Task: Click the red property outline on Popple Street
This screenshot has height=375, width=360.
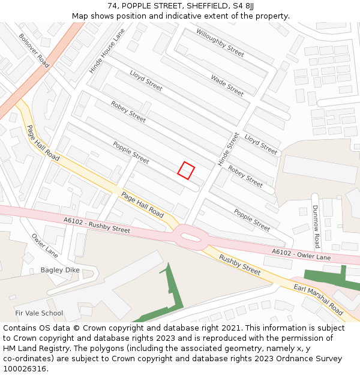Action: [x=187, y=170]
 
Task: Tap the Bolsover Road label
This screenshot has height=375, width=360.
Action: [x=34, y=50]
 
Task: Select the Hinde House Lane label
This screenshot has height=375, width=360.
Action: [x=107, y=52]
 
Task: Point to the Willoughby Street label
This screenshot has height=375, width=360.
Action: [x=220, y=43]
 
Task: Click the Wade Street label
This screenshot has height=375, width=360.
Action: [x=227, y=85]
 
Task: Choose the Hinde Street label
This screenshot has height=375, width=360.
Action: [x=229, y=149]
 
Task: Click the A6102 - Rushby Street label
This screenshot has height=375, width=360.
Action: [x=97, y=225]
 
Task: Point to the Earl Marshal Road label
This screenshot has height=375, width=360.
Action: [x=319, y=301]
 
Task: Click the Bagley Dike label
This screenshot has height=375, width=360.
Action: [x=60, y=270]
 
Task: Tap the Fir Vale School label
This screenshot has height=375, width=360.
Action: [x=39, y=313]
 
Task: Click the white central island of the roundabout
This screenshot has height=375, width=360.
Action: [x=190, y=238]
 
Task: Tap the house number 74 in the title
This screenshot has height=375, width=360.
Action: [x=113, y=6]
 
